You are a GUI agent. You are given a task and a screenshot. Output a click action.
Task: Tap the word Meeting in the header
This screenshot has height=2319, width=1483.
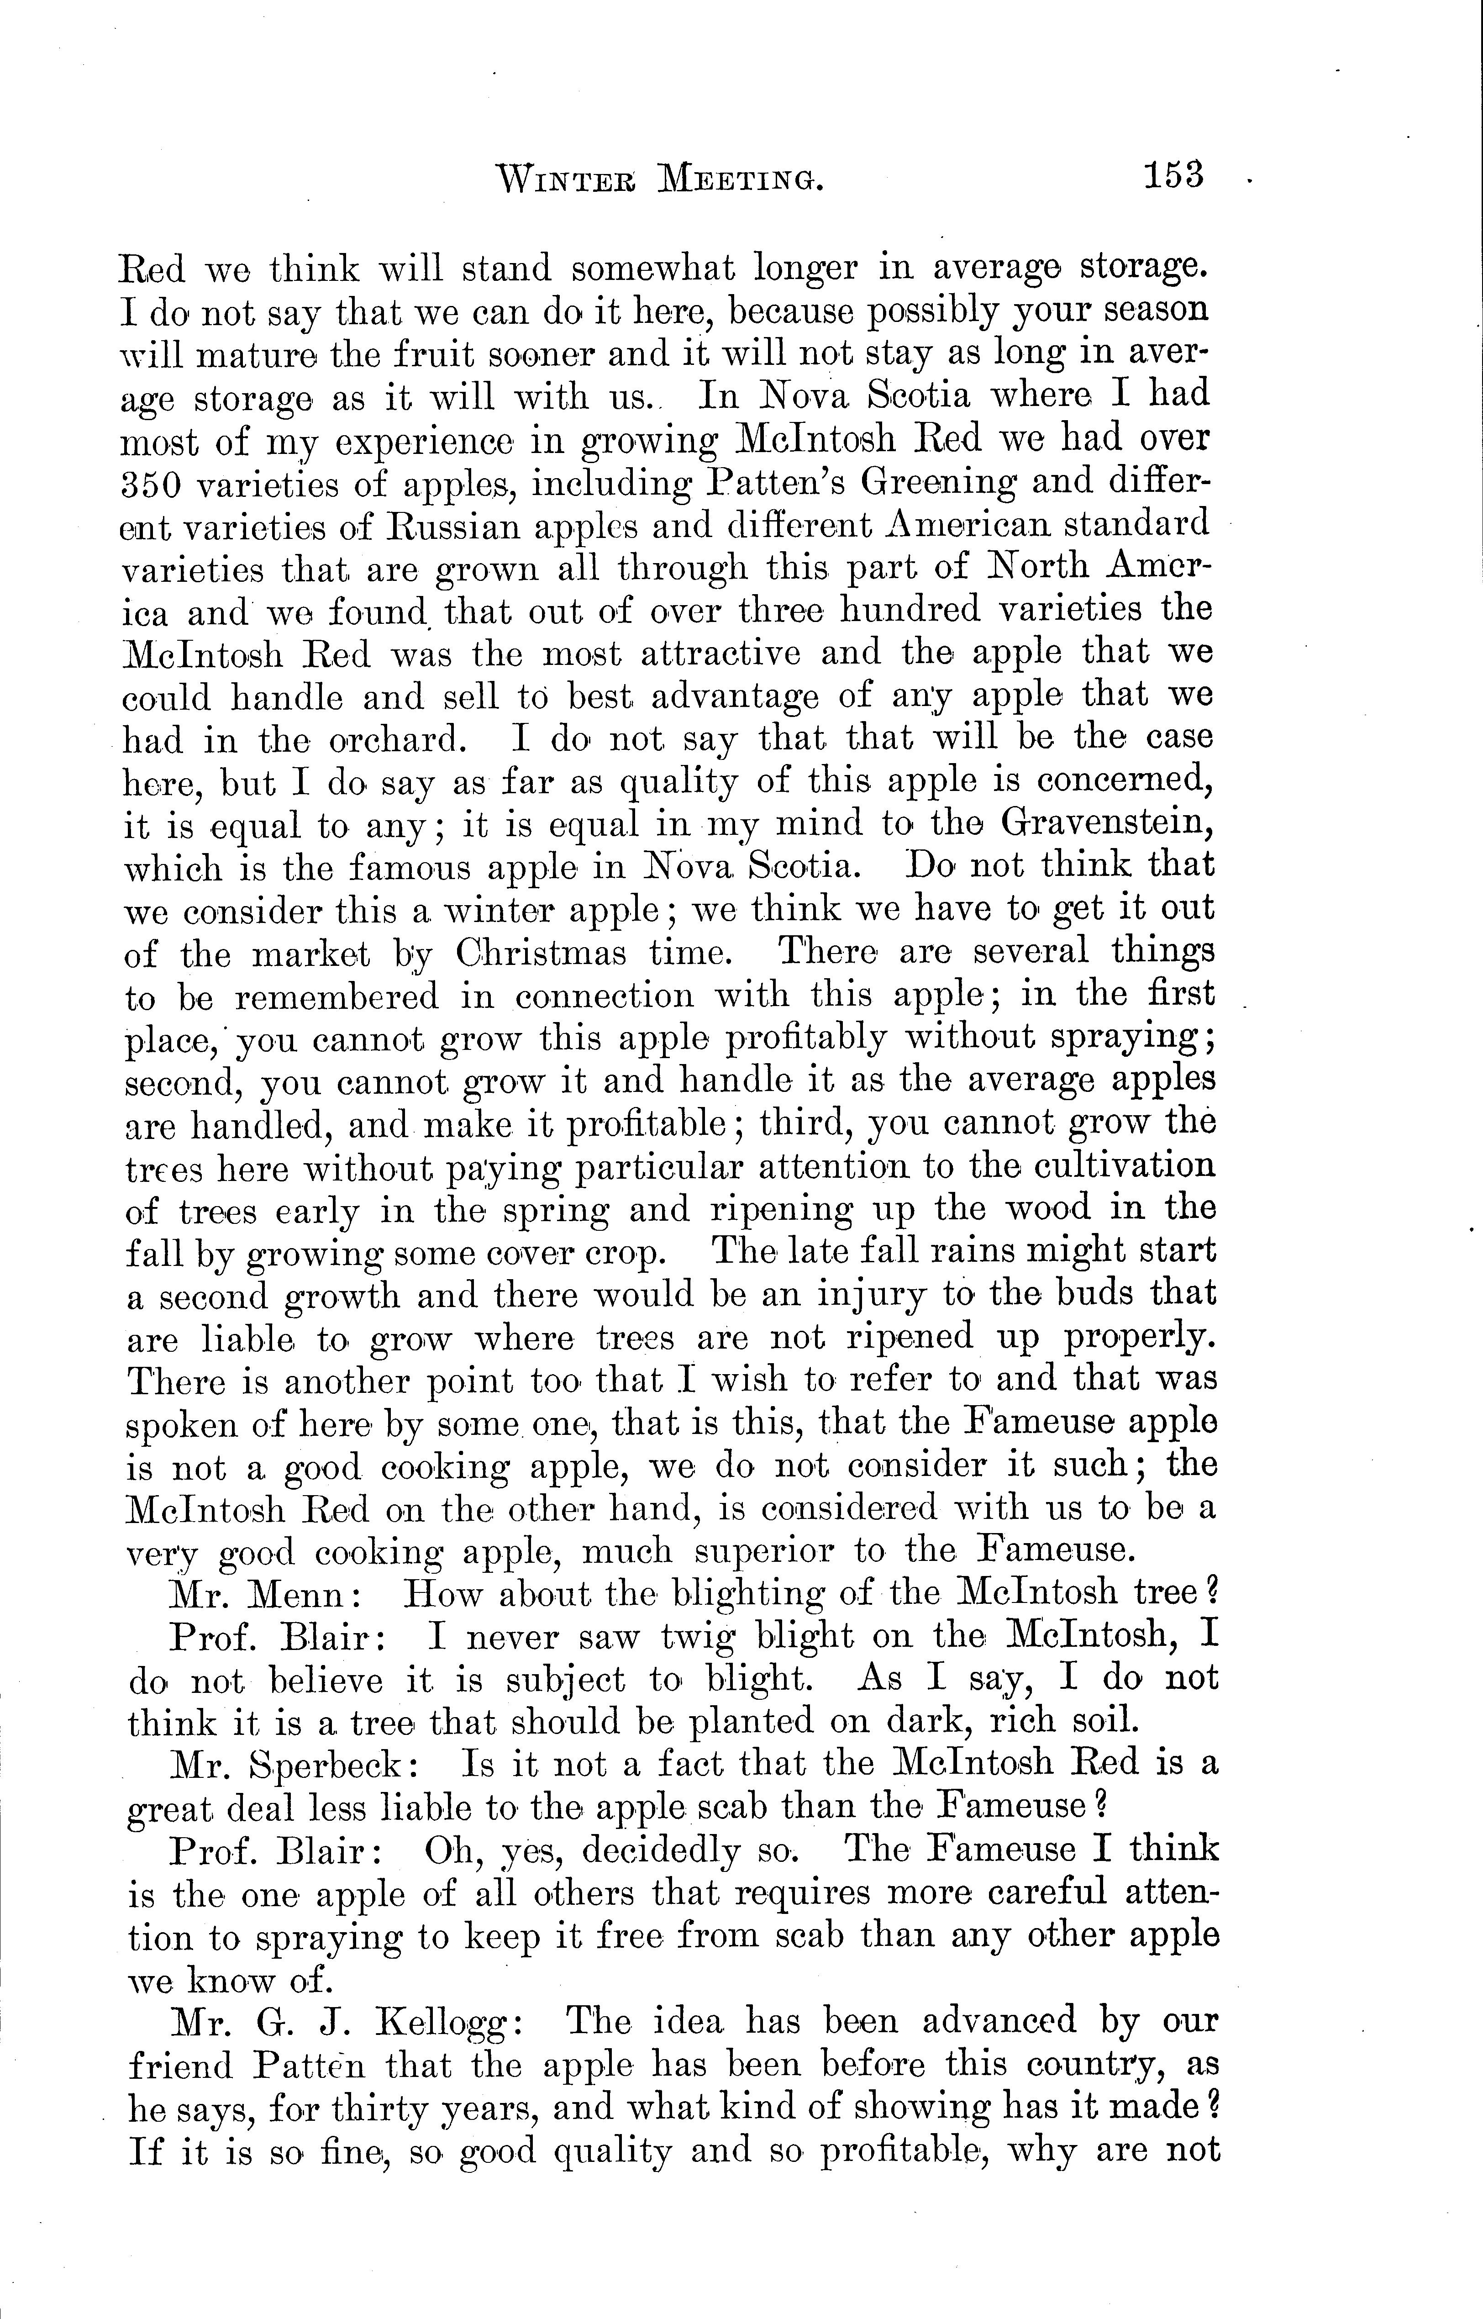pos(740,179)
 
